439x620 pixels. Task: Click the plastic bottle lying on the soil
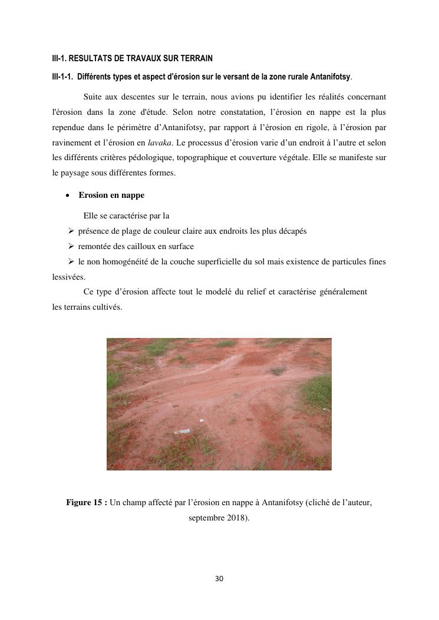click(182, 432)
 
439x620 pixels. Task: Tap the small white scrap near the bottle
click(202, 420)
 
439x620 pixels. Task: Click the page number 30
click(219, 579)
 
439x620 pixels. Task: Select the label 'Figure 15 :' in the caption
click(87, 503)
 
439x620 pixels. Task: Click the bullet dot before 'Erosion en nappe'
click(68, 195)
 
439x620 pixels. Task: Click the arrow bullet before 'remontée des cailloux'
click(71, 247)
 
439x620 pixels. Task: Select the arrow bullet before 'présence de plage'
click(71, 231)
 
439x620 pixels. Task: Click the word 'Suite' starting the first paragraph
click(93, 96)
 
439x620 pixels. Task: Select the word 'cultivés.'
click(107, 307)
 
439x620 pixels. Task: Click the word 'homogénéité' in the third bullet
click(127, 261)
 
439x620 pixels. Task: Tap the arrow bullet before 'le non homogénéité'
click(71, 261)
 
